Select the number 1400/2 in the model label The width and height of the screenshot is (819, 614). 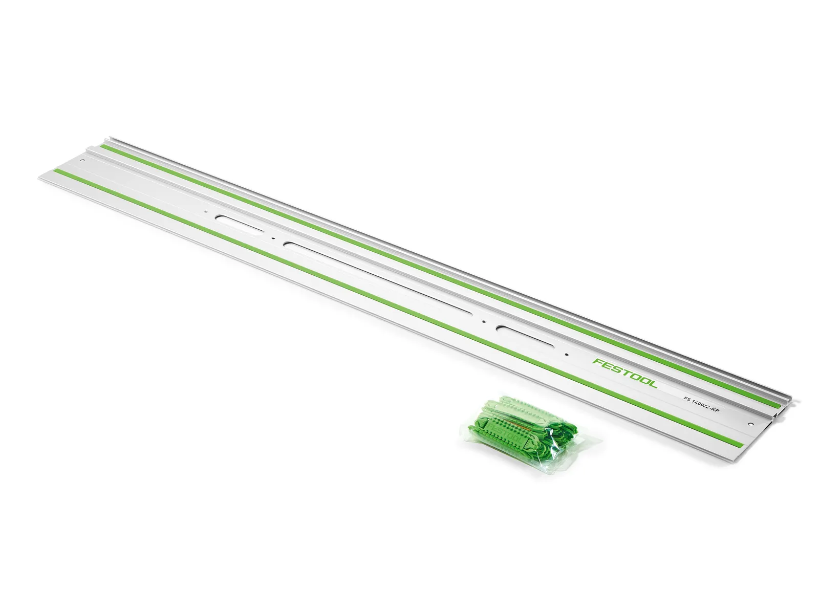[701, 403]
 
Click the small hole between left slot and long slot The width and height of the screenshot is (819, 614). [273, 238]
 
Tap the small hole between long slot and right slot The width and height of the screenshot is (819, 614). [483, 322]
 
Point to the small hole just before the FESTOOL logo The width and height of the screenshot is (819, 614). [567, 355]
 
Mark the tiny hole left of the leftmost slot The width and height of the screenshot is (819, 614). [205, 211]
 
